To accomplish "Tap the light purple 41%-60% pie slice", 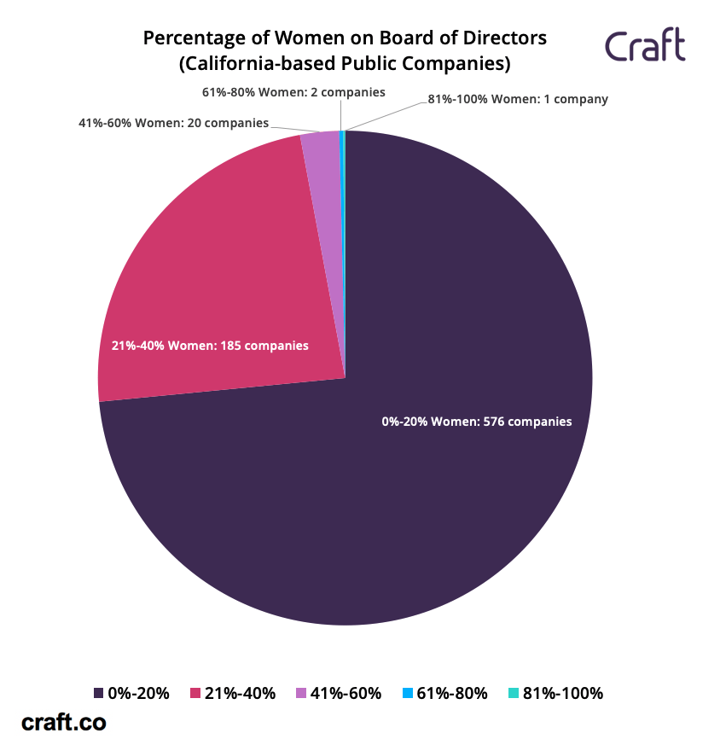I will tap(321, 171).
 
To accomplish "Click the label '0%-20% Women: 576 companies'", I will tap(477, 422).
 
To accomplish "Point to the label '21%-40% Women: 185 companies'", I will tap(210, 346).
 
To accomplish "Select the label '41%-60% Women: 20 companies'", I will tap(173, 123).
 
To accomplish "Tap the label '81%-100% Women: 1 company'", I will tap(518, 99).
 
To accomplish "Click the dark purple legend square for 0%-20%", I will tap(100, 694).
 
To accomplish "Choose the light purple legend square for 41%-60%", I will tap(300, 694).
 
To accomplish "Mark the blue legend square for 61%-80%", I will tap(407, 694).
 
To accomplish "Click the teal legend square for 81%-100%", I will tap(513, 694).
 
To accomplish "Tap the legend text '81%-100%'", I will tap(563, 694).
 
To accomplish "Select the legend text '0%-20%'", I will tap(139, 694).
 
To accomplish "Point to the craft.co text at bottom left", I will tap(64, 722).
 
